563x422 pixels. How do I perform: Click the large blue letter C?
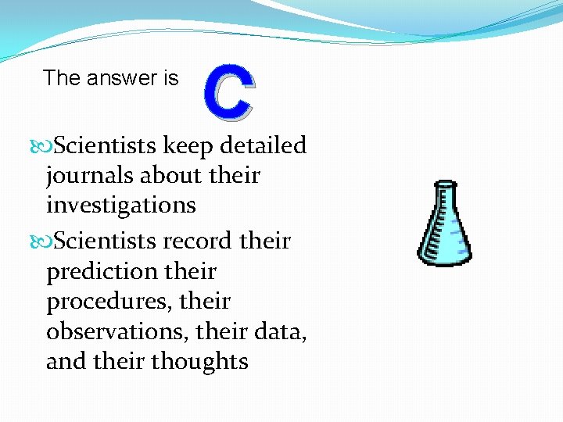click(x=229, y=95)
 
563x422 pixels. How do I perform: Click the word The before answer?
click(x=61, y=78)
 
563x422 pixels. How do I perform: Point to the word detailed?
click(x=264, y=146)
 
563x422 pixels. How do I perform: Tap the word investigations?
click(x=121, y=206)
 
